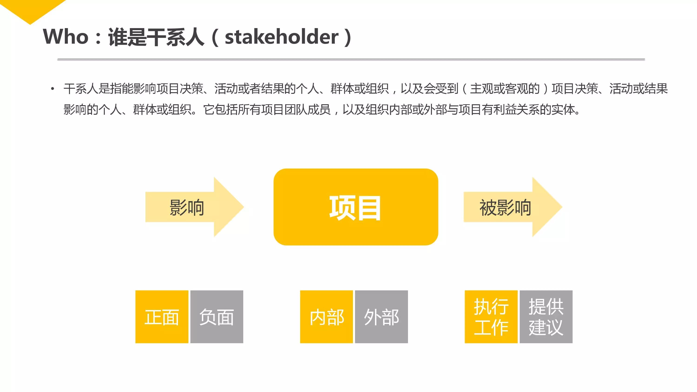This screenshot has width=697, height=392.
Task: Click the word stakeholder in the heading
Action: pos(281,37)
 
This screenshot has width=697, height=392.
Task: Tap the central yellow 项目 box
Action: pos(355,207)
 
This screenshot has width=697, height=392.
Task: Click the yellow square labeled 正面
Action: pos(161,317)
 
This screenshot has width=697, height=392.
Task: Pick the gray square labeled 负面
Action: pos(217,317)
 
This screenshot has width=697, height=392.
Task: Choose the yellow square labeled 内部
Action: pos(326,317)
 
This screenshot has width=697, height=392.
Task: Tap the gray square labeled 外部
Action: pos(381,317)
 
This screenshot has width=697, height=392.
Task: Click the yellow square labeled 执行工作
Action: pos(491,317)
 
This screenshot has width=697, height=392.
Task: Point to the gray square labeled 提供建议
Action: pos(546,317)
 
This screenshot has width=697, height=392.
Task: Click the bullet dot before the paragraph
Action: pos(53,89)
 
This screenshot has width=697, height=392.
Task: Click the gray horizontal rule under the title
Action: pos(351,59)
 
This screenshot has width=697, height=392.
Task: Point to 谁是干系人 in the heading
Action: pos(156,37)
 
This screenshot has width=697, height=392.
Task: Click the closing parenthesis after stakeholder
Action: pos(348,37)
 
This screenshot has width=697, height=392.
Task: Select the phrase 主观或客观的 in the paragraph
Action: pos(505,89)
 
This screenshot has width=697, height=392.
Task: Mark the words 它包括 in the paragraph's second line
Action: pos(220,110)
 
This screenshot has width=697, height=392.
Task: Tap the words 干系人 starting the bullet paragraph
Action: pos(81,89)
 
